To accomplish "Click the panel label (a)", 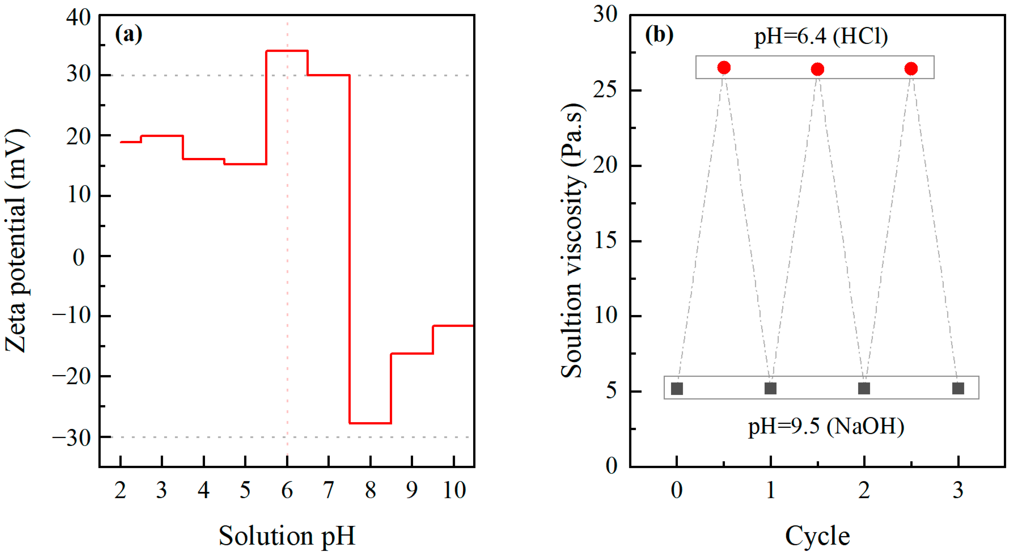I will (x=128, y=35).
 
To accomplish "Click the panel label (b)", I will (x=659, y=35).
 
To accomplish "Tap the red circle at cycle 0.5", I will (x=724, y=68).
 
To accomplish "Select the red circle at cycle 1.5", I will (x=817, y=69).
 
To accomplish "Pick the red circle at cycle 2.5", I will (x=911, y=69).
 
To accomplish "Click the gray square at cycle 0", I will (x=677, y=389).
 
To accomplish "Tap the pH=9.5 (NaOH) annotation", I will (x=826, y=426).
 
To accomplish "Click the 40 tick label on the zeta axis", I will (x=78, y=18).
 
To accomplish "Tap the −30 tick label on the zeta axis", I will (x=72, y=438).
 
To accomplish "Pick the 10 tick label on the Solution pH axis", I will (x=454, y=490).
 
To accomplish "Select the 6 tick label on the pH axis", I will (x=287, y=490).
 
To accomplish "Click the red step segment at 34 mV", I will (x=287, y=50).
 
